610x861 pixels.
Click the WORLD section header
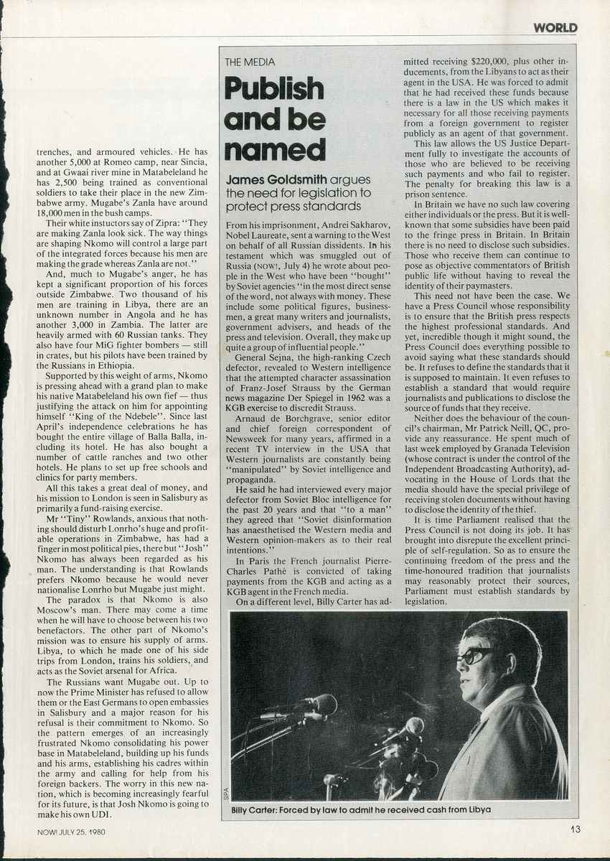(x=555, y=28)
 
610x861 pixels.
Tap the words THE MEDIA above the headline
(x=250, y=62)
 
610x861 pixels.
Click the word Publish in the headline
(x=274, y=89)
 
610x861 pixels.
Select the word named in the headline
(x=274, y=149)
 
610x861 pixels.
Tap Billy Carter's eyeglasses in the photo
(x=474, y=654)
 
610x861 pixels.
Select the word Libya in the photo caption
(x=477, y=810)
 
